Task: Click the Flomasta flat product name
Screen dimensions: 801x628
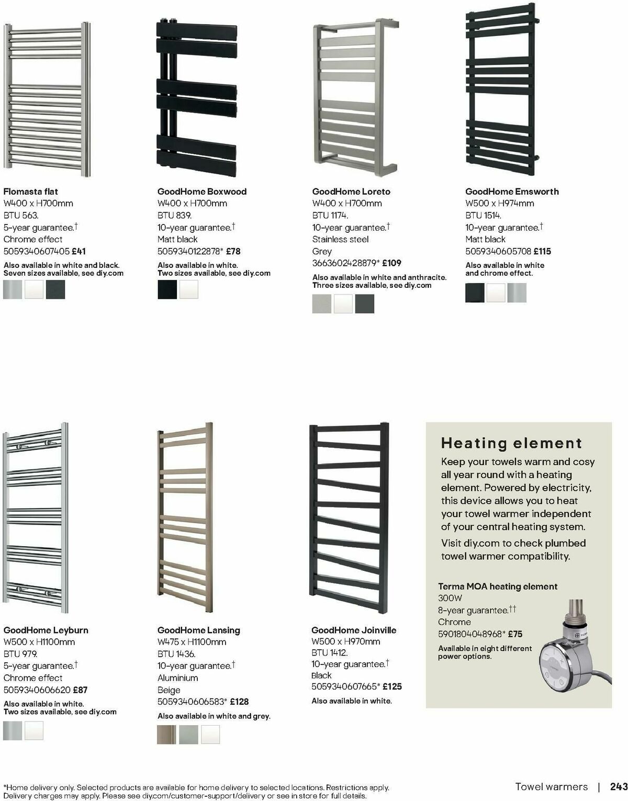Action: pos(31,191)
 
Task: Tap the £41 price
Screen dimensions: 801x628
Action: pos(78,251)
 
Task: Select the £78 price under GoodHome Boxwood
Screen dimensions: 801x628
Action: pos(233,251)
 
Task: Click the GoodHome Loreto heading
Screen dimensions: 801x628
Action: pos(351,191)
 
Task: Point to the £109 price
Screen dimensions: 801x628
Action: pos(391,263)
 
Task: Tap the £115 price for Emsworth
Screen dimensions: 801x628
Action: pos(542,251)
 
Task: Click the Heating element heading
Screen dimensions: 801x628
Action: pos(511,443)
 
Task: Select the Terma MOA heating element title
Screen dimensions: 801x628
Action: pos(498,586)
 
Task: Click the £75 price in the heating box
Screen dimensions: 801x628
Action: pos(515,634)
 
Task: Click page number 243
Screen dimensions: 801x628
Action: pos(619,786)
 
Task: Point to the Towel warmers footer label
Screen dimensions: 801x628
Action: pos(552,786)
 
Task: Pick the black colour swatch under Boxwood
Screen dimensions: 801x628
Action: pos(167,289)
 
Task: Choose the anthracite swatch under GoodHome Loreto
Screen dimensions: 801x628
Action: pos(365,304)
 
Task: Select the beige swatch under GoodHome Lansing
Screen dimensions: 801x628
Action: pos(167,735)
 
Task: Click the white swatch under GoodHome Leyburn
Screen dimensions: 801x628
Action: pos(34,730)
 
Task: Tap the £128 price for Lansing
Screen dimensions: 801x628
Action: pos(239,702)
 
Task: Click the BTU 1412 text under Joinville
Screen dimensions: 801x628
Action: pos(330,652)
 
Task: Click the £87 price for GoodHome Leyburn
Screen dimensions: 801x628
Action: pos(80,690)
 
